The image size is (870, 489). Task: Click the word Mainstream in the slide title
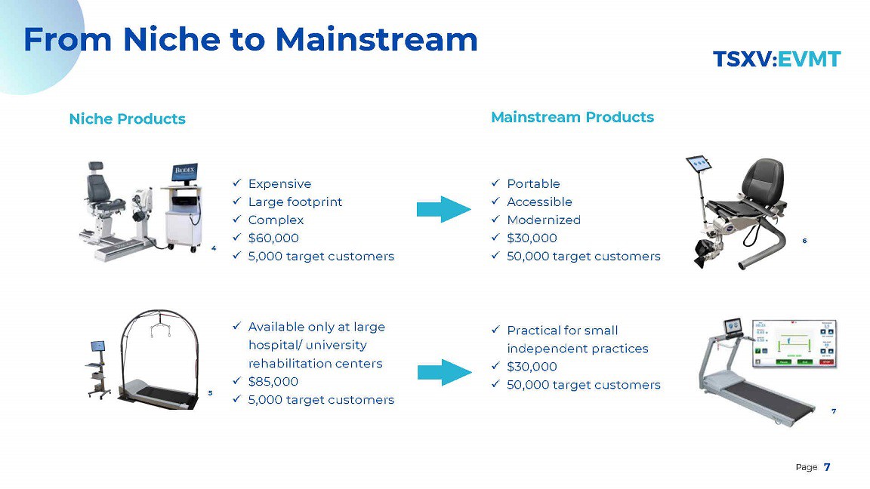coord(376,40)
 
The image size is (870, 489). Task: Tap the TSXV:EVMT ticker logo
coord(777,60)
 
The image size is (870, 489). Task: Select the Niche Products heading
coord(127,118)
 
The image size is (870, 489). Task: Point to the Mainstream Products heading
coord(572,117)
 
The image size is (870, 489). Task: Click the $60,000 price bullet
coord(273,238)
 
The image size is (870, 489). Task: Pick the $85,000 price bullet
coord(273,381)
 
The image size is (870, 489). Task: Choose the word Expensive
coord(279,183)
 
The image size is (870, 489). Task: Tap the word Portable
coord(534,183)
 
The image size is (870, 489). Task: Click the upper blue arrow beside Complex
coord(444,209)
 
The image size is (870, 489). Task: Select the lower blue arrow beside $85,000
coord(444,372)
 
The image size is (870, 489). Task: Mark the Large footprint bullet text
coord(295,201)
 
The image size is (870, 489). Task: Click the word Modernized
coord(544,220)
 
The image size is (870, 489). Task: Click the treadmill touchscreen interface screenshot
coord(794,344)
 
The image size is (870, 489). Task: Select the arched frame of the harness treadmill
coord(159,312)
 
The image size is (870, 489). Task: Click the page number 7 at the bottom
coord(827,467)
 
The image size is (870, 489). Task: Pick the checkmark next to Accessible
coord(495,201)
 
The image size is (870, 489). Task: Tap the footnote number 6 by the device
coord(804,241)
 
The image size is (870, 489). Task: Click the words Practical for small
coord(563,331)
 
